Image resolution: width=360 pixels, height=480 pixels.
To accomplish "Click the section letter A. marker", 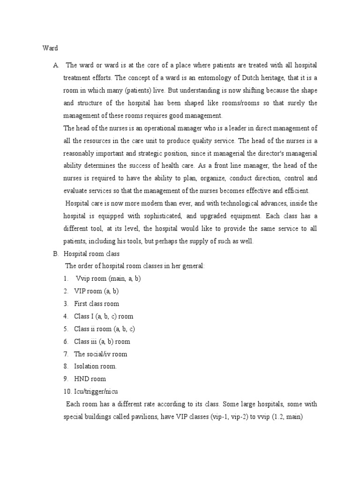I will click(56, 64).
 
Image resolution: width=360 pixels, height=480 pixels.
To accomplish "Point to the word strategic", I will click(145, 153).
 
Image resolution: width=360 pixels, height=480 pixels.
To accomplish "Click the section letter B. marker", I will click(56, 254).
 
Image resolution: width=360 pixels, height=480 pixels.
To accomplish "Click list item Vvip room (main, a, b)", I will click(108, 278).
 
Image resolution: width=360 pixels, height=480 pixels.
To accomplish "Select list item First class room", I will click(97, 304).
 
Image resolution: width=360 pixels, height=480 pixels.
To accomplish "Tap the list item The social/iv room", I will click(100, 354).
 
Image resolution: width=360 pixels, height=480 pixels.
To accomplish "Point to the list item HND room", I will click(90, 379).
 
